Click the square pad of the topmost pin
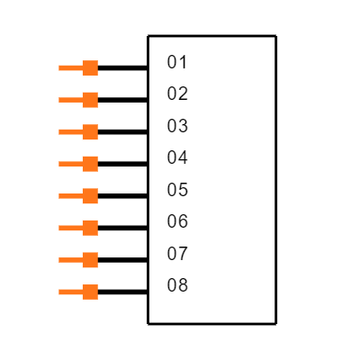pyautogui.click(x=90, y=67)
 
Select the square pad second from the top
pyautogui.click(x=90, y=100)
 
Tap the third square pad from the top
pyautogui.click(x=90, y=132)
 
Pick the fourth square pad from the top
pyautogui.click(x=90, y=164)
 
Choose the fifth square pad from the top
pyautogui.click(x=90, y=196)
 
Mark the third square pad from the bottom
pyautogui.click(x=90, y=228)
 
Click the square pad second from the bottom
pyautogui.click(x=90, y=260)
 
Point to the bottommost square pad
pyautogui.click(x=90, y=292)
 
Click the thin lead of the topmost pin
pyautogui.click(x=70, y=67)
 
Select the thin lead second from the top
pyautogui.click(x=70, y=100)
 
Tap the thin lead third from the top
pyautogui.click(x=70, y=132)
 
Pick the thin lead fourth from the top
pyautogui.click(x=70, y=164)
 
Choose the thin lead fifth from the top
pyautogui.click(x=70, y=196)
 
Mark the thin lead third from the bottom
pyautogui.click(x=70, y=228)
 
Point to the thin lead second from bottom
pyautogui.click(x=70, y=260)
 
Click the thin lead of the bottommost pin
pyautogui.click(x=70, y=292)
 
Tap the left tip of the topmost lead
pyautogui.click(x=60, y=67)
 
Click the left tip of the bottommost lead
pyautogui.click(x=60, y=292)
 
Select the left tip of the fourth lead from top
pyautogui.click(x=60, y=164)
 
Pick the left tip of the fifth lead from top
pyautogui.click(x=60, y=196)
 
